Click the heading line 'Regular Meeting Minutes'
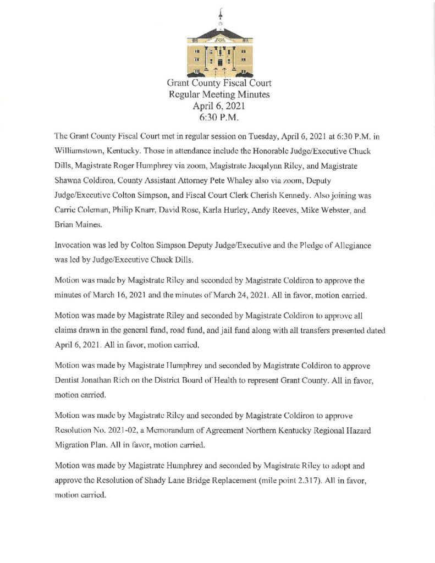coord(219,95)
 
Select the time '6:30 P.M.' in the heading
coord(219,117)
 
